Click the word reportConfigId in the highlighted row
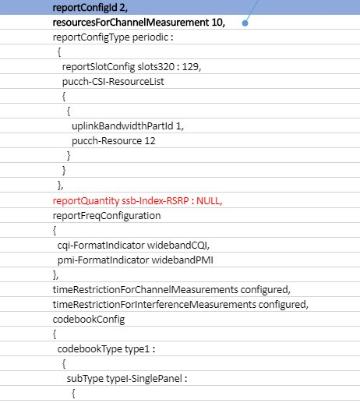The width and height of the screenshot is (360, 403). tap(85, 8)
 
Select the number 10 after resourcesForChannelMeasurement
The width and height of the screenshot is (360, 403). tap(217, 23)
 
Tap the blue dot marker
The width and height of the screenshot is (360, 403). tap(245, 23)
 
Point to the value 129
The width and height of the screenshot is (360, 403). tap(191, 67)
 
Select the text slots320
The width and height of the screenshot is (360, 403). tap(156, 67)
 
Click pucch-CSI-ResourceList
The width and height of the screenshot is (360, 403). tap(113, 82)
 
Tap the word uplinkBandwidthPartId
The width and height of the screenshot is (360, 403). tap(122, 126)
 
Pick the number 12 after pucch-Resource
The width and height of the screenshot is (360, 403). tap(150, 141)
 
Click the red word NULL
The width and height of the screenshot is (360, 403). tap(209, 200)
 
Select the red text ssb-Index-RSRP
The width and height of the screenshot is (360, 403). tap(155, 200)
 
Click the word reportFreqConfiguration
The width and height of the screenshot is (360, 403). tap(107, 216)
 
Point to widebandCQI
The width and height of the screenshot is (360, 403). tap(178, 245)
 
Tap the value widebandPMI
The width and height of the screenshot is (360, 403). tap(182, 260)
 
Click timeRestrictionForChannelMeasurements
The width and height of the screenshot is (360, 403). tap(145, 289)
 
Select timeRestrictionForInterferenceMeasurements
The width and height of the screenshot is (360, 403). tap(154, 304)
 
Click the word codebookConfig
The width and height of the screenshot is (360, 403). tap(89, 320)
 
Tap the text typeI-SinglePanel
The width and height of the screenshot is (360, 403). tap(144, 379)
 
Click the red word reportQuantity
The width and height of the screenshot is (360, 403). tap(86, 201)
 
